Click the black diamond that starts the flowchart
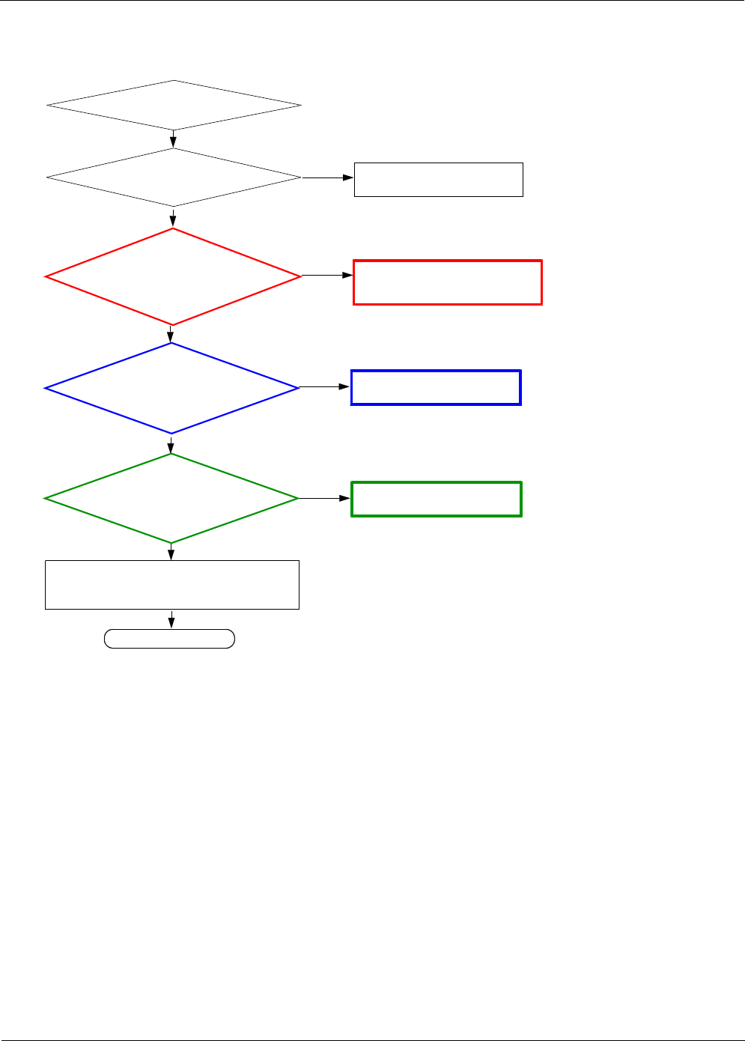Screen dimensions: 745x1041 pyautogui.click(x=174, y=106)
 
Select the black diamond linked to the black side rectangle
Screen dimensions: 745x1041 pyautogui.click(x=174, y=177)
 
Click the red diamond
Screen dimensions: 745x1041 pyautogui.click(x=173, y=276)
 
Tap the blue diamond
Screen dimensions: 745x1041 pyautogui.click(x=172, y=388)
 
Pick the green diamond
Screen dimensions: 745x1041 pyautogui.click(x=171, y=498)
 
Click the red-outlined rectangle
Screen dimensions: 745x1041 pyautogui.click(x=448, y=282)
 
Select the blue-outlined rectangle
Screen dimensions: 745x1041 pyautogui.click(x=436, y=387)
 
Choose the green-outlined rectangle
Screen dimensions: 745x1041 pyautogui.click(x=437, y=499)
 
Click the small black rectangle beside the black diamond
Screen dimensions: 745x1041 pyautogui.click(x=438, y=179)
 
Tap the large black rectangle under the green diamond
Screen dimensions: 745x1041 pyautogui.click(x=172, y=584)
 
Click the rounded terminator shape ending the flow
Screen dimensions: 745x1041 pyautogui.click(x=169, y=639)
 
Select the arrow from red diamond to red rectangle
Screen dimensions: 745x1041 pyautogui.click(x=327, y=276)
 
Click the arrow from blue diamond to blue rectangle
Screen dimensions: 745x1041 pyautogui.click(x=325, y=387)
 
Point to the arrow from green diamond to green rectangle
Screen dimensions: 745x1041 pyautogui.click(x=325, y=498)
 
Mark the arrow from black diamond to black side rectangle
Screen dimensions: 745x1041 pyautogui.click(x=327, y=177)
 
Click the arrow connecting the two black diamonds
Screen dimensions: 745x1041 pyautogui.click(x=174, y=139)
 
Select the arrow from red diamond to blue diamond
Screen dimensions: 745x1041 pyautogui.click(x=172, y=334)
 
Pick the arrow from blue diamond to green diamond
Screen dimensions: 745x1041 pyautogui.click(x=171, y=443)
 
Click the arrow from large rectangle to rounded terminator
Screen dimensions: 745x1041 pyautogui.click(x=172, y=619)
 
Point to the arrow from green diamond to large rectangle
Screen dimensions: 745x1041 pyautogui.click(x=171, y=552)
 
